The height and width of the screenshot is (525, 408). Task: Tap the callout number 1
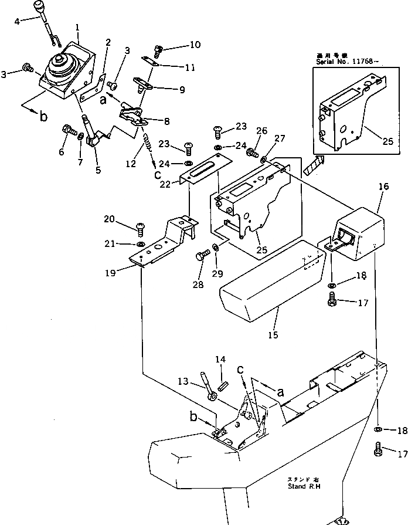point(78,27)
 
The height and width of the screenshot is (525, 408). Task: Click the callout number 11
point(190,67)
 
